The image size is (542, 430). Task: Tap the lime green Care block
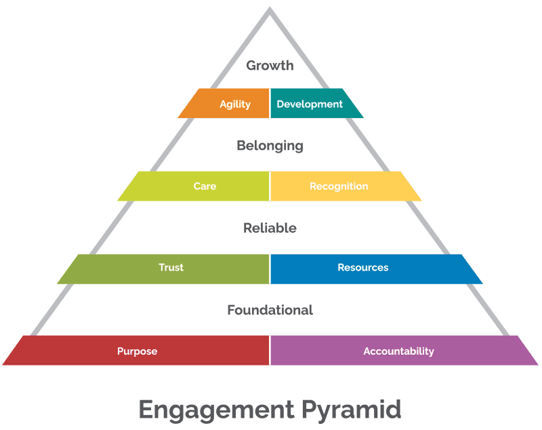pyautogui.click(x=196, y=186)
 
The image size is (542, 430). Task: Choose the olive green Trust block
pyautogui.click(x=166, y=268)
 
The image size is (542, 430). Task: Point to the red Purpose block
pyautogui.click(x=135, y=351)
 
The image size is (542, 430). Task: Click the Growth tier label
pyautogui.click(x=270, y=66)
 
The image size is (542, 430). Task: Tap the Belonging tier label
pyautogui.click(x=270, y=146)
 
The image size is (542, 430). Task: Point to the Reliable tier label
pyautogui.click(x=270, y=228)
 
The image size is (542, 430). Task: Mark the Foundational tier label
pyautogui.click(x=270, y=310)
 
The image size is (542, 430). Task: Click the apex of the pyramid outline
pyautogui.click(x=270, y=9)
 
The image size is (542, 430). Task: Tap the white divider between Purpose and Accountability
pyautogui.click(x=270, y=351)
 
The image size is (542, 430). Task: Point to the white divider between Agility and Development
pyautogui.click(x=270, y=104)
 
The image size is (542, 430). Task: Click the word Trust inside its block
pyautogui.click(x=171, y=267)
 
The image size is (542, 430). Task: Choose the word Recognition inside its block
pyautogui.click(x=339, y=186)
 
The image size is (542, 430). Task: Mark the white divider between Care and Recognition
pyautogui.click(x=270, y=186)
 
